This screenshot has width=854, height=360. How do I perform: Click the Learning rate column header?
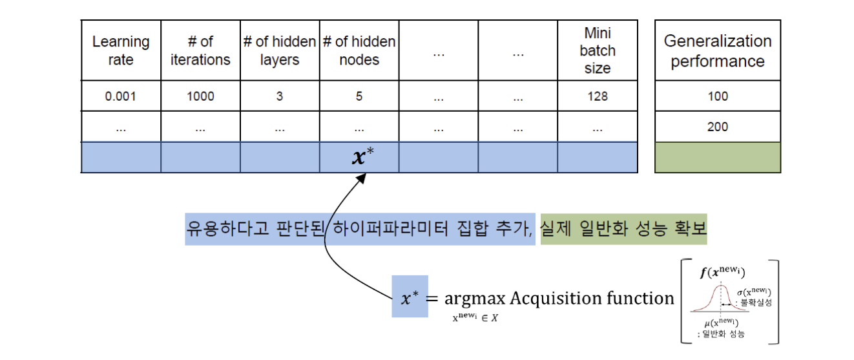pyautogui.click(x=121, y=50)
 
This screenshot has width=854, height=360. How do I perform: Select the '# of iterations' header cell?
pyautogui.click(x=200, y=50)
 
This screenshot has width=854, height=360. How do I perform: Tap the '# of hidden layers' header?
pyautogui.click(x=280, y=50)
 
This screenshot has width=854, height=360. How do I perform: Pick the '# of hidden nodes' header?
pyautogui.click(x=359, y=50)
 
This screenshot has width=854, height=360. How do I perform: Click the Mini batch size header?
pyautogui.click(x=598, y=50)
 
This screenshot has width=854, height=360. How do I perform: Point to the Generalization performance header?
pyautogui.click(x=718, y=51)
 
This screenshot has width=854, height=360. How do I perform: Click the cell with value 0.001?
pyautogui.click(x=121, y=96)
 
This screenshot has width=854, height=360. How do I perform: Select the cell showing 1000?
pyautogui.click(x=200, y=96)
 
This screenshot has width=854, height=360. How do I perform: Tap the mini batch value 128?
pyautogui.click(x=598, y=96)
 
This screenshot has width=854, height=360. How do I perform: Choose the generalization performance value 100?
pyautogui.click(x=718, y=96)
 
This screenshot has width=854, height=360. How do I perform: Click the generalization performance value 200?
pyautogui.click(x=718, y=127)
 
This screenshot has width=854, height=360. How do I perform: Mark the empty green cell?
pyautogui.click(x=718, y=158)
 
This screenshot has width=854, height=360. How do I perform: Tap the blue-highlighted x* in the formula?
pyautogui.click(x=410, y=297)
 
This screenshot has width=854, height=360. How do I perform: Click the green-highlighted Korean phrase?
pyautogui.click(x=623, y=229)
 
